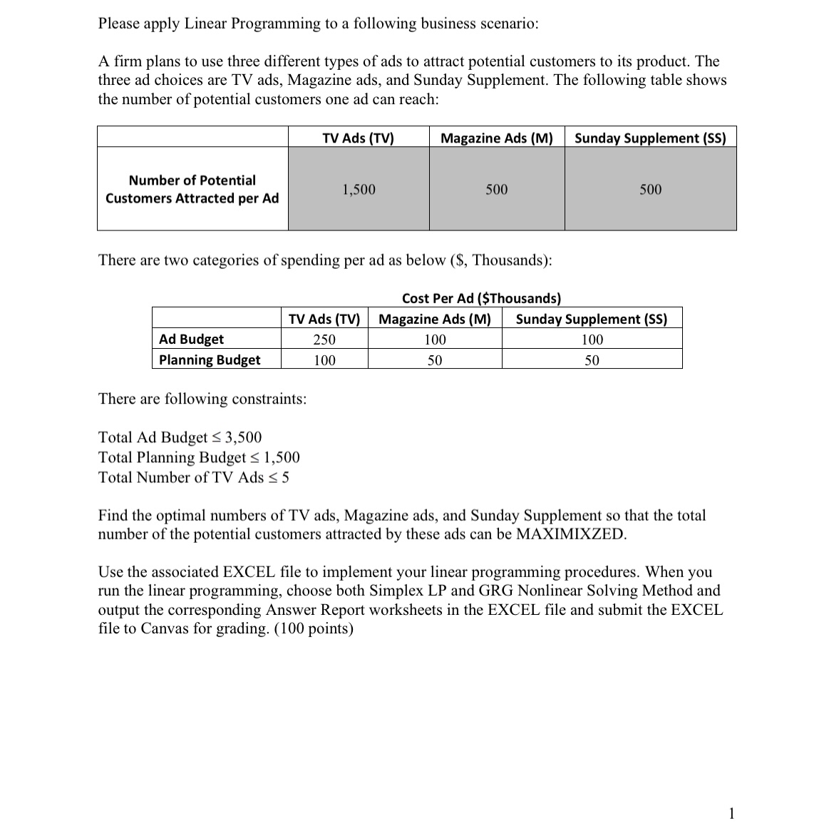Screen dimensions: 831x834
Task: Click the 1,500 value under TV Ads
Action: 359,190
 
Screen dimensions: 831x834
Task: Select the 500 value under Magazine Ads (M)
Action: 497,190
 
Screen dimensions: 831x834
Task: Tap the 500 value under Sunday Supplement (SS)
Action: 650,190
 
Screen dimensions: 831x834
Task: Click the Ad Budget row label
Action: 191,340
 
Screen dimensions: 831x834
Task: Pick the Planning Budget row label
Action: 210,360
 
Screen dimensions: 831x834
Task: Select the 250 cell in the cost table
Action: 324,340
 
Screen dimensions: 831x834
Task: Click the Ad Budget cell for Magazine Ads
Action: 435,340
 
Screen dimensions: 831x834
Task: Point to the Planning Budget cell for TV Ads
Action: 324,360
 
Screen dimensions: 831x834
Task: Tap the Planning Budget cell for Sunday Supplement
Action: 592,360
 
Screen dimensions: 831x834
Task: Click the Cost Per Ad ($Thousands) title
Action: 481,298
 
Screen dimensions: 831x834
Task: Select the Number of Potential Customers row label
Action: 192,189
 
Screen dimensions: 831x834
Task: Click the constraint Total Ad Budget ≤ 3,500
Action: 180,437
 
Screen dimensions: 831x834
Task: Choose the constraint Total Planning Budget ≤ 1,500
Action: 199,457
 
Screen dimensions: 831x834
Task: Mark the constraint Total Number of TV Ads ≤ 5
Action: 193,477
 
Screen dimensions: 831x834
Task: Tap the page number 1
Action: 731,813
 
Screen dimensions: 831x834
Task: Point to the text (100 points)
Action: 314,628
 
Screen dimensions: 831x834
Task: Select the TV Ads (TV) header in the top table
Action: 358,138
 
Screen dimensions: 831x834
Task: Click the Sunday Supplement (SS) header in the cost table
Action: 592,319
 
